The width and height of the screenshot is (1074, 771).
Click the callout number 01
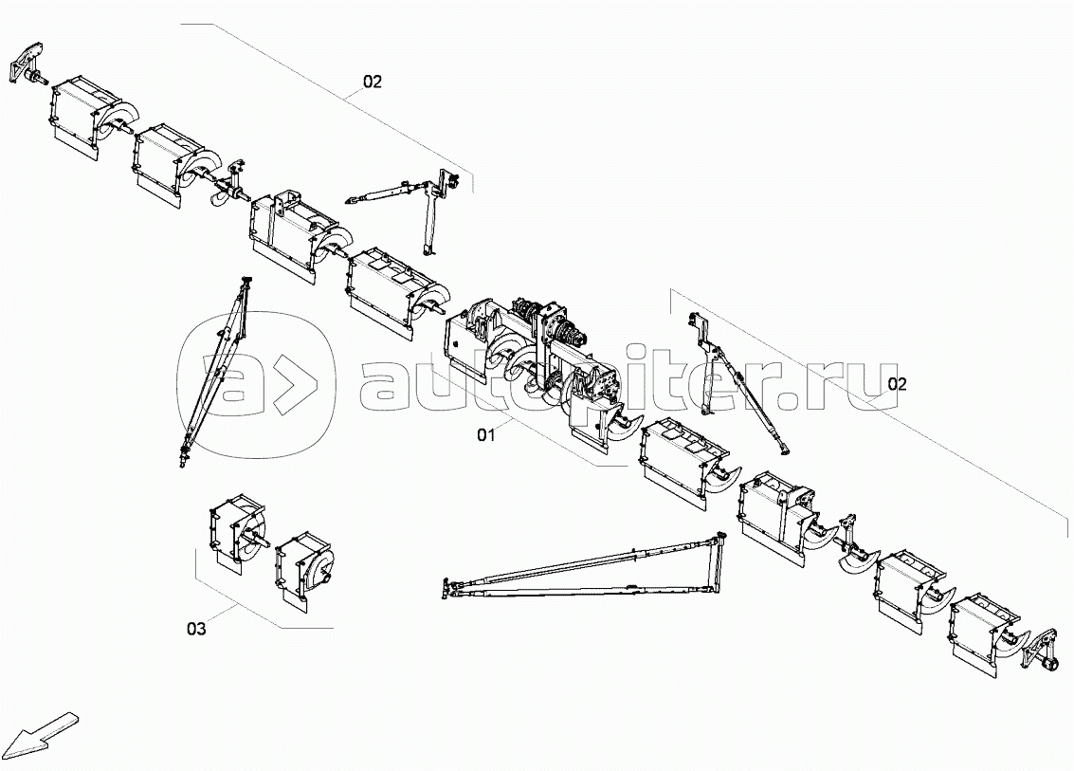[x=486, y=435]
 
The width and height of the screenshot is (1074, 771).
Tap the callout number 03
[x=195, y=627]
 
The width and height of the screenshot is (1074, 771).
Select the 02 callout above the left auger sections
[x=372, y=82]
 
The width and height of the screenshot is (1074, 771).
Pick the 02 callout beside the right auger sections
[x=897, y=384]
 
